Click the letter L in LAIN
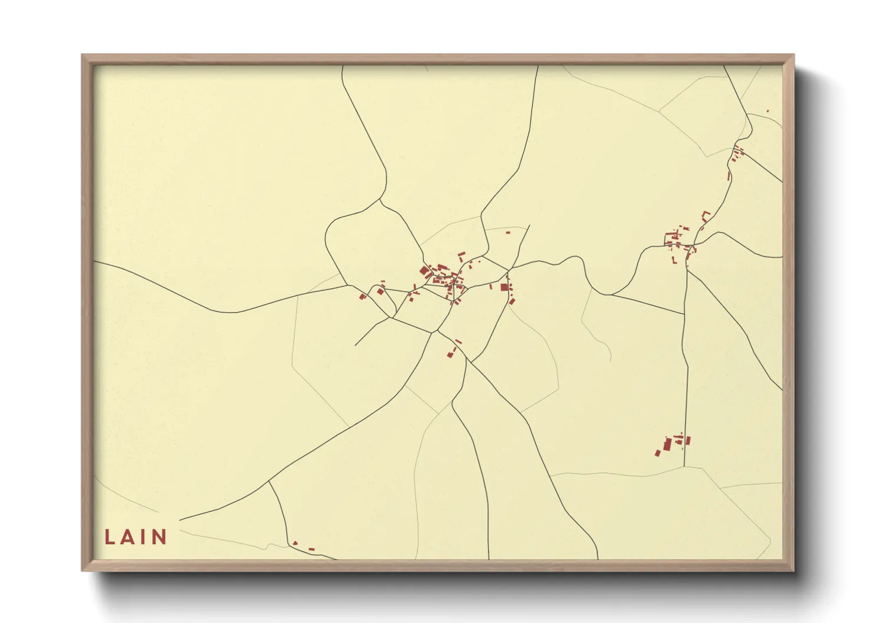[x=109, y=536]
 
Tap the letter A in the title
[x=127, y=536]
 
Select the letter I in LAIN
[x=144, y=536]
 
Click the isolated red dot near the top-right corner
[x=767, y=111]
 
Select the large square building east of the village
[x=504, y=287]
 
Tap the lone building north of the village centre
[x=508, y=233]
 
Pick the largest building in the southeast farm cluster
[x=667, y=443]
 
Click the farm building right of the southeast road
[x=688, y=440]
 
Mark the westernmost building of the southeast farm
[x=658, y=453]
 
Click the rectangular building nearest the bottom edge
[x=311, y=549]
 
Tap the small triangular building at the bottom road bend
[x=295, y=543]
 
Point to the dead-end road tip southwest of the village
[x=355, y=345]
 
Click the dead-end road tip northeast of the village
[x=529, y=225]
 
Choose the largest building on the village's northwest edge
[x=424, y=271]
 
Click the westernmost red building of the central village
[x=362, y=296]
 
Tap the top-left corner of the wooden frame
[x=82, y=55]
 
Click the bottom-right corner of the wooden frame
[x=793, y=571]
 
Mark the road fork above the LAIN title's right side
[x=269, y=481]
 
